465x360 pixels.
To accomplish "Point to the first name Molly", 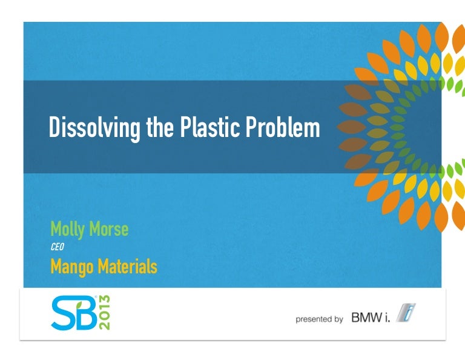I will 68,230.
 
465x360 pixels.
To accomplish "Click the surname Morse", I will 108,230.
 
